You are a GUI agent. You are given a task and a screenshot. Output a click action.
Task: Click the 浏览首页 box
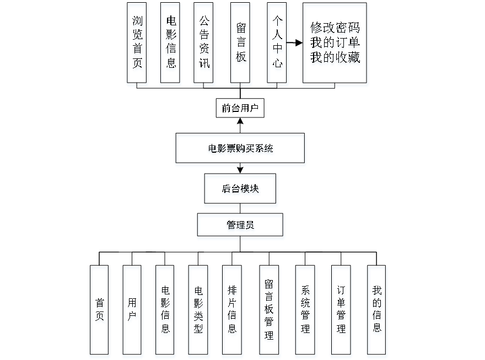tap(137, 45)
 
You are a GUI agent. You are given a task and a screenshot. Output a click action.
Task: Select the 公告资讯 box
tap(204, 45)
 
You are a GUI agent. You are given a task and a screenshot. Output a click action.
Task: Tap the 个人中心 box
tap(278, 45)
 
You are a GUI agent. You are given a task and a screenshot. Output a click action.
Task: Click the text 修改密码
tap(335, 29)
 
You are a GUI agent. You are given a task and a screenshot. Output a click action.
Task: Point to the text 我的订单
tap(335, 43)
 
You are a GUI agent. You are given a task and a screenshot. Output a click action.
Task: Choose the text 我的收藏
tap(335, 57)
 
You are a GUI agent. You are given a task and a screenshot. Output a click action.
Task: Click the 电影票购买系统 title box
tap(240, 149)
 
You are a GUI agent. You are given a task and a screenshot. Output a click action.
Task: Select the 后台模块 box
tap(241, 190)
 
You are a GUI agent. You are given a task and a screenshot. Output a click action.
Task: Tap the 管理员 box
tap(241, 227)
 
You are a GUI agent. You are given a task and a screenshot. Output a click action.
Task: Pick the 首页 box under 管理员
tap(100, 311)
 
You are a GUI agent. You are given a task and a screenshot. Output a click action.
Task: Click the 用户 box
tap(133, 311)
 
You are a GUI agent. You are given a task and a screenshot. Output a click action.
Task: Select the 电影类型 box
tap(199, 311)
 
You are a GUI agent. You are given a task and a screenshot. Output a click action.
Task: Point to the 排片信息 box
tap(232, 311)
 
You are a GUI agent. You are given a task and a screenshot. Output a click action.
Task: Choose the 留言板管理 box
tap(270, 311)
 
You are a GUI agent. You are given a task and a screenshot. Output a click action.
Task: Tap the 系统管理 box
tap(306, 311)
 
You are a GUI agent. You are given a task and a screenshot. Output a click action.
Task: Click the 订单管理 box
tap(342, 311)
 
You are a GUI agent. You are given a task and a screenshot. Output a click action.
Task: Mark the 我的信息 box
tap(378, 311)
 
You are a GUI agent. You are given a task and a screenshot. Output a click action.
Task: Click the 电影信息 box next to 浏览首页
tap(171, 45)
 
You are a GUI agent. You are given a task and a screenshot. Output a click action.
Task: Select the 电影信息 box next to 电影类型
tap(165, 311)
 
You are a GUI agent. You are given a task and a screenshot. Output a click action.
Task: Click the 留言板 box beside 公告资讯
tap(241, 45)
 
